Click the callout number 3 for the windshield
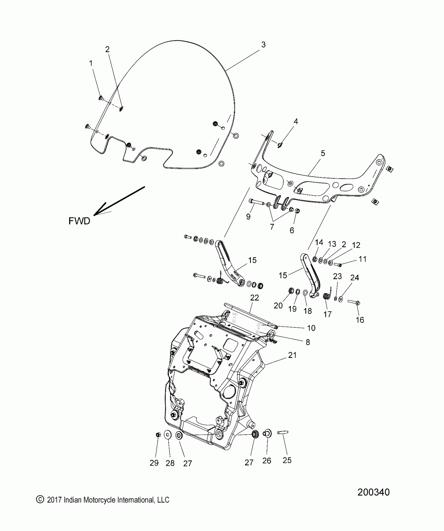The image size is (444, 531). coord(263,45)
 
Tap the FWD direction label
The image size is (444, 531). coord(79,221)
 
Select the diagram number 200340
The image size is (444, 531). coord(373,492)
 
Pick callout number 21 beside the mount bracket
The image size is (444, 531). coord(292,355)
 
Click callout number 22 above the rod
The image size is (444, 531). coord(254,298)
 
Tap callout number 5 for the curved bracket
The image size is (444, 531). coord(323,153)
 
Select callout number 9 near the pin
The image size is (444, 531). coord(248,217)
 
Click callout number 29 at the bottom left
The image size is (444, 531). coord(154,463)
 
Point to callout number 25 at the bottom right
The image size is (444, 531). coord(287,460)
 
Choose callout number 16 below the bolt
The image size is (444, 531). coord(360,320)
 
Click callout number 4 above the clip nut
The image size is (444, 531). coord(296,121)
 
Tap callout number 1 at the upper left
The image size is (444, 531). coord(91,63)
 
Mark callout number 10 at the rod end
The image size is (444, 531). coord(311,328)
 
